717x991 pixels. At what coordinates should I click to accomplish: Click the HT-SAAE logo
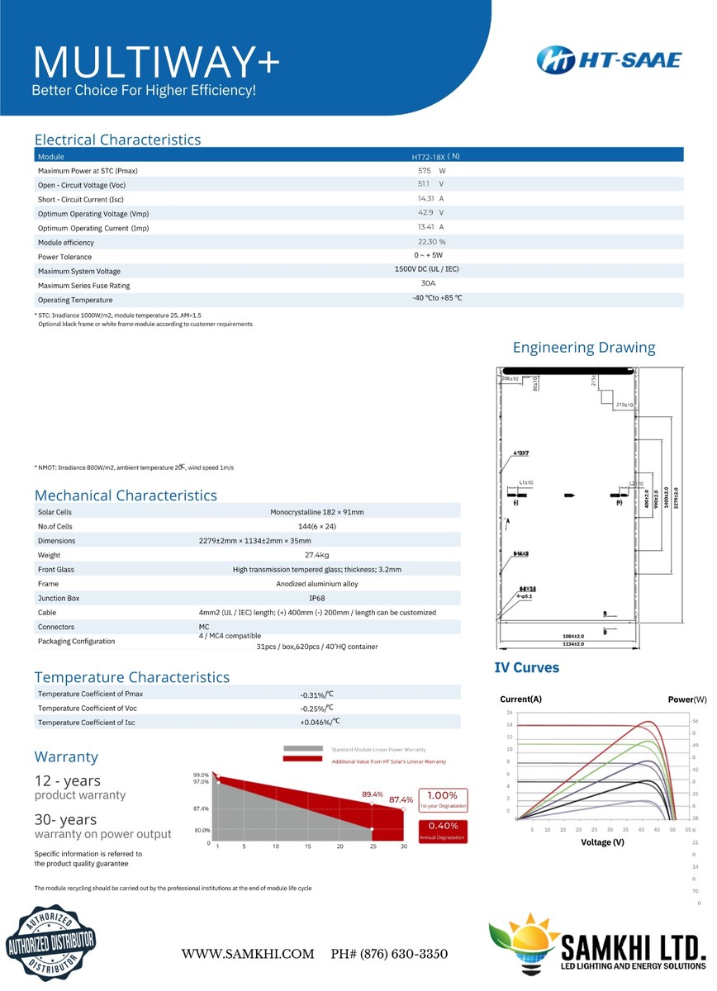click(x=609, y=59)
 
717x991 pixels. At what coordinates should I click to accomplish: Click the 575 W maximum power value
click(x=431, y=170)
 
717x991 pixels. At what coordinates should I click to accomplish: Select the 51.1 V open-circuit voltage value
click(x=430, y=184)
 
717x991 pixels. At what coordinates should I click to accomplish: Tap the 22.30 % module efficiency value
click(x=431, y=242)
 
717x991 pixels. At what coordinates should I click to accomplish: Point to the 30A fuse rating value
click(x=428, y=283)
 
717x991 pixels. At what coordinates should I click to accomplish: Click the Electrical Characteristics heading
click(x=117, y=140)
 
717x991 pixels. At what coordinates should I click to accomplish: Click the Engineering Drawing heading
click(x=584, y=348)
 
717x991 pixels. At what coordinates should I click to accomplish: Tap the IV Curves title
click(x=527, y=667)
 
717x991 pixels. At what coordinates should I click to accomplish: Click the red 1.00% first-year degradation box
click(x=444, y=799)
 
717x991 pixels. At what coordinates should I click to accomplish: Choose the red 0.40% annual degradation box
click(x=444, y=830)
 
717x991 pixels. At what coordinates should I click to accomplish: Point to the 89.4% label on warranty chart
click(x=373, y=794)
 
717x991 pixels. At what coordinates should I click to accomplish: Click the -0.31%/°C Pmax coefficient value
click(x=316, y=695)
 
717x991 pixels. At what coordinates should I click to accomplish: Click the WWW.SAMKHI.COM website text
click(x=248, y=954)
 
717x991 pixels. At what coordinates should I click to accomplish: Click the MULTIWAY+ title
click(x=155, y=62)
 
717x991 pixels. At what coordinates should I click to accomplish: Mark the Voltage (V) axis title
click(x=602, y=842)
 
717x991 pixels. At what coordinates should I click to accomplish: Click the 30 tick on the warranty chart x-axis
click(x=404, y=846)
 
